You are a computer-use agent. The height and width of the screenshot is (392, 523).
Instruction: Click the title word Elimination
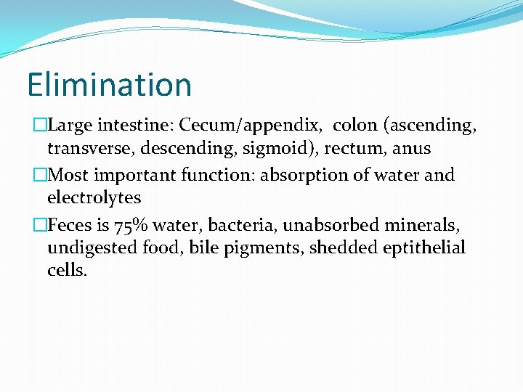coord(109,84)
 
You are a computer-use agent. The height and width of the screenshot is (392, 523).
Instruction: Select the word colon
coord(356,126)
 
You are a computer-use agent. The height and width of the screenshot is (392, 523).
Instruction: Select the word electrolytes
coord(94,197)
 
